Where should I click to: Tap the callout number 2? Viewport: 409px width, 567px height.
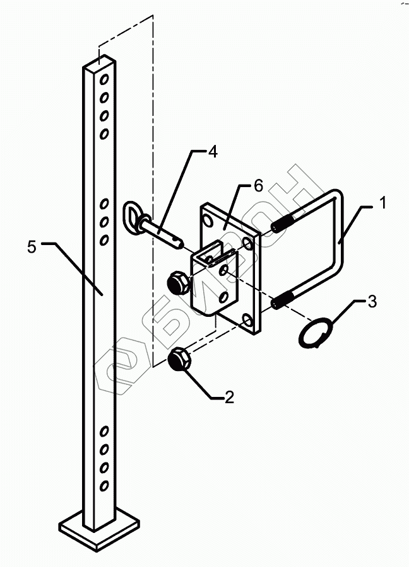(x=229, y=397)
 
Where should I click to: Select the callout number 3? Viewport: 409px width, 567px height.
(x=372, y=301)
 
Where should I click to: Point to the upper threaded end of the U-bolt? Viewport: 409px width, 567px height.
(x=283, y=224)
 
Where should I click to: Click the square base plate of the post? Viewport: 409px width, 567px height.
(x=100, y=526)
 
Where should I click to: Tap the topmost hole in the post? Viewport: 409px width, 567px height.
(x=105, y=80)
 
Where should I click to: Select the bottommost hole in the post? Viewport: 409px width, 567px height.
(x=105, y=486)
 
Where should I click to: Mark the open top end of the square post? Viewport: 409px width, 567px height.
(x=100, y=63)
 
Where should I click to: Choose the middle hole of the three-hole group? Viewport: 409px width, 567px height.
(x=105, y=222)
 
